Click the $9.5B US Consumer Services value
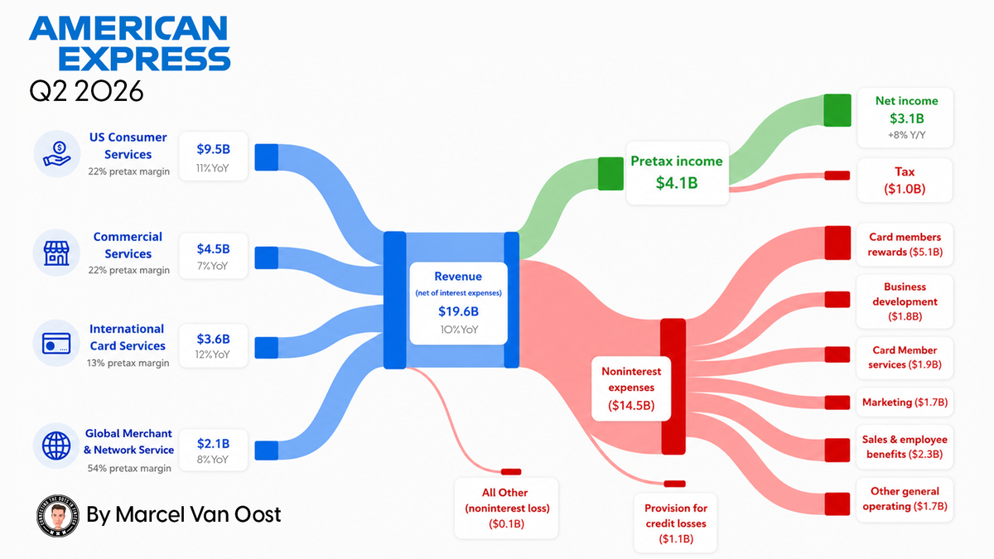click(x=214, y=149)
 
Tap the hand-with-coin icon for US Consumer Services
click(x=57, y=154)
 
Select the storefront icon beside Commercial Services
click(x=56, y=253)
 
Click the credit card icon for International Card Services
click(x=56, y=344)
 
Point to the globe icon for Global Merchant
click(x=56, y=446)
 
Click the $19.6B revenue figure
click(x=458, y=311)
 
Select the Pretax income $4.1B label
click(x=677, y=172)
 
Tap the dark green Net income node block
click(x=837, y=110)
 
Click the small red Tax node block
click(x=837, y=176)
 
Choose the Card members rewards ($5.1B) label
click(x=905, y=244)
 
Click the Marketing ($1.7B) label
click(x=905, y=402)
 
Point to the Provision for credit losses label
click(x=676, y=523)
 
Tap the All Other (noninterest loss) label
click(x=507, y=508)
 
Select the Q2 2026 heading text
click(x=86, y=91)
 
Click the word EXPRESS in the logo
click(x=144, y=60)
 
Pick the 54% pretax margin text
click(x=129, y=469)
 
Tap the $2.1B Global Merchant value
click(x=214, y=444)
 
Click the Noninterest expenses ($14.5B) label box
click(x=631, y=388)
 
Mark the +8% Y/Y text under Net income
click(x=906, y=135)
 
